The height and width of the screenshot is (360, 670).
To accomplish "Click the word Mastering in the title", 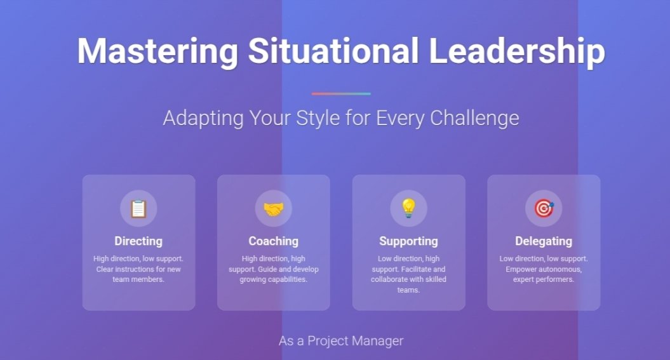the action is [157, 51].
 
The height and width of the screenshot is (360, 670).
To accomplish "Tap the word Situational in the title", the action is [333, 51].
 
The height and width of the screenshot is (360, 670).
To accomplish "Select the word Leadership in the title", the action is [517, 51].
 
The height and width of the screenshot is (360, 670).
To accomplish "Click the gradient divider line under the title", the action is [341, 93].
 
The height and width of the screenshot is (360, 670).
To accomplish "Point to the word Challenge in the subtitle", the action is [474, 119].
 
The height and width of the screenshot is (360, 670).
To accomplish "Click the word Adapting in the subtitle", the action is [203, 119].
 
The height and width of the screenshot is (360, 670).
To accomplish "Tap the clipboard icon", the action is [138, 209].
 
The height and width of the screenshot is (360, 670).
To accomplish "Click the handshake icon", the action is [274, 209].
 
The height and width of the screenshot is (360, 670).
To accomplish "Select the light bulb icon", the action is [408, 208].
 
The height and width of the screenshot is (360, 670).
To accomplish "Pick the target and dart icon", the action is [544, 209].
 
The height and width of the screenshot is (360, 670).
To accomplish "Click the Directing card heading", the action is [138, 241].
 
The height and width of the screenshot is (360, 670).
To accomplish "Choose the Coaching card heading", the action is [274, 241].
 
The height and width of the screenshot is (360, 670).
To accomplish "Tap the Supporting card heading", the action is [408, 241].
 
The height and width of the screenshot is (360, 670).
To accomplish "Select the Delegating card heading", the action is [544, 241].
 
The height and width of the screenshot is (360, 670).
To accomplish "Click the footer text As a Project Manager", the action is [341, 341].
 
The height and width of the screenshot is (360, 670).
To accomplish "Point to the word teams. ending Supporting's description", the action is [408, 290].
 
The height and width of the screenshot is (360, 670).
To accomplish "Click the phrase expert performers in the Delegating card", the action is [544, 280].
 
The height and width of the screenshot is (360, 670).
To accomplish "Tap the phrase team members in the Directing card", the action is [138, 279].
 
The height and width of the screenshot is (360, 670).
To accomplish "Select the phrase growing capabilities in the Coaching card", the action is [274, 280].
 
